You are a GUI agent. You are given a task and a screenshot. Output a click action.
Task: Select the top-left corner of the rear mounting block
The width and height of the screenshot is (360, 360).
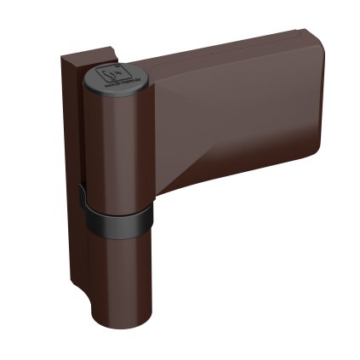(x=62, y=58)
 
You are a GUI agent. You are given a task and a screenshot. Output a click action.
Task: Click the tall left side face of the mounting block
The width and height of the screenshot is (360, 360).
(x=71, y=170)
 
